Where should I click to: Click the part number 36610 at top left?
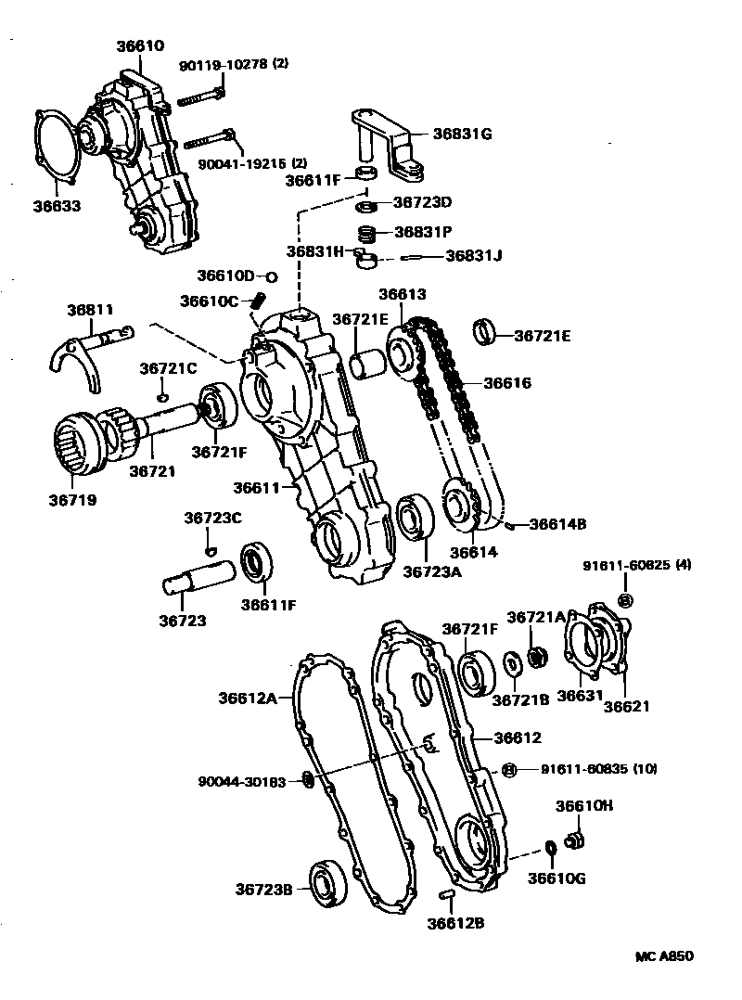[140, 45]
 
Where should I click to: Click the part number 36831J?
[473, 256]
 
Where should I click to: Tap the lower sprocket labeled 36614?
[461, 507]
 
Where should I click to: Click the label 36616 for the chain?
[507, 382]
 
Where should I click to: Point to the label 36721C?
[168, 368]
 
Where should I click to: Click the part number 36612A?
[248, 698]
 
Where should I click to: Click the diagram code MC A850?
[664, 955]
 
